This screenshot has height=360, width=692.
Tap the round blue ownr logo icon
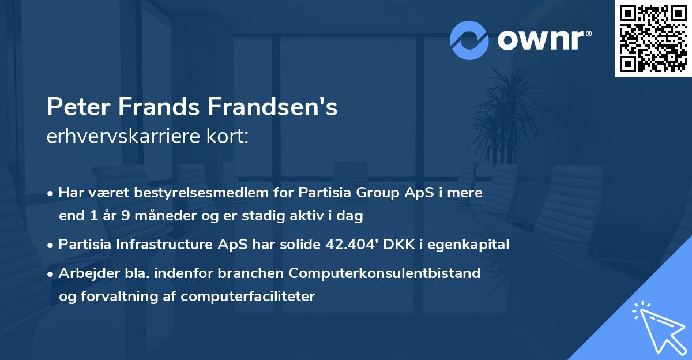(469, 40)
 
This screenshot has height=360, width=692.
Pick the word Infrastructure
(166, 245)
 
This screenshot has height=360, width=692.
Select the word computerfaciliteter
(247, 297)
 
